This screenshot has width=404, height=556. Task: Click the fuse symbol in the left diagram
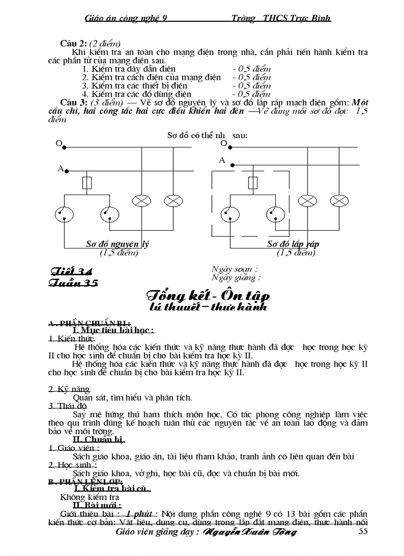(87, 183)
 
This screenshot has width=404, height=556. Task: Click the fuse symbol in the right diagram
(253, 183)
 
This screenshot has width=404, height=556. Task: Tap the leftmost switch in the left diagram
(64, 214)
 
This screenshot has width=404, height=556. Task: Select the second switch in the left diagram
(109, 214)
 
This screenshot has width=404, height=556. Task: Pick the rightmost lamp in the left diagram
(173, 201)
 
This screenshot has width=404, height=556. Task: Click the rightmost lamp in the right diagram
(339, 201)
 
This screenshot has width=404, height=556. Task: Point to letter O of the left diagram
(58, 144)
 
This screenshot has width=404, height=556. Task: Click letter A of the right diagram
(222, 160)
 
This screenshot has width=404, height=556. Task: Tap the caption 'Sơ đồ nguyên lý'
(117, 244)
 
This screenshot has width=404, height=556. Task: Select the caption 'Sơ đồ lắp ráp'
(293, 244)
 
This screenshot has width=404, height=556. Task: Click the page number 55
(362, 531)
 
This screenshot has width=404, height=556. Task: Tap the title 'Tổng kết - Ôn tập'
(208, 296)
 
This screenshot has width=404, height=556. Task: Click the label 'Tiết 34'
(71, 271)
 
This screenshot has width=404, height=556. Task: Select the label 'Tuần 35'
(73, 283)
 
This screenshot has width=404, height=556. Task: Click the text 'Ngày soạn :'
(234, 269)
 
